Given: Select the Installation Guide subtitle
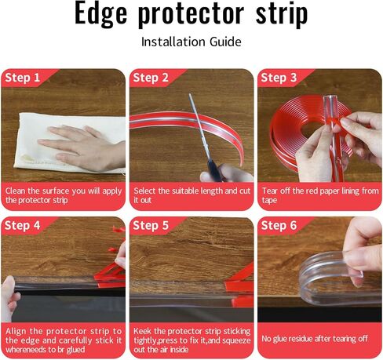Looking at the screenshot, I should point(191,41).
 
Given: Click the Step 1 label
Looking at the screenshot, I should point(23,78).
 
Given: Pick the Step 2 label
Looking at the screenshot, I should point(151,78).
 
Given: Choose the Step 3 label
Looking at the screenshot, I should point(279,78).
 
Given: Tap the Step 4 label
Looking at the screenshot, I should point(23,226).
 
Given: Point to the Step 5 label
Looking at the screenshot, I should point(151,226).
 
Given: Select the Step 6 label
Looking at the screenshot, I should point(279,226).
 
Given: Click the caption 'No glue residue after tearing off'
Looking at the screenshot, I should point(314,338).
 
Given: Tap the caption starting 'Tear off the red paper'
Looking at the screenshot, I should point(318,195).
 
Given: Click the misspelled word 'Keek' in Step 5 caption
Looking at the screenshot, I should point(143,331).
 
